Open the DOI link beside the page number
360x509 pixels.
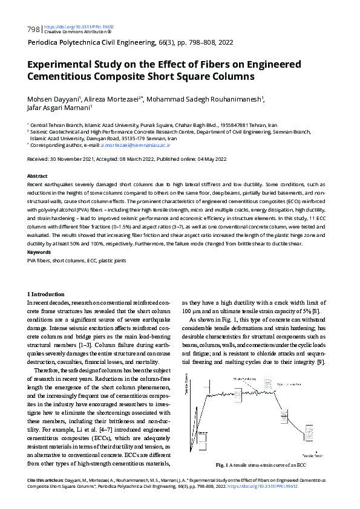coord(79,27)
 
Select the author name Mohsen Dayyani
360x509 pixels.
coord(55,99)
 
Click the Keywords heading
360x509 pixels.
coord(39,251)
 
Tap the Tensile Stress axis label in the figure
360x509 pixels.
coord(194,397)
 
